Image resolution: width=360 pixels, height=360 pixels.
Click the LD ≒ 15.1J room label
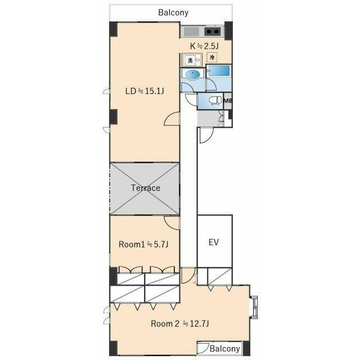(145, 91)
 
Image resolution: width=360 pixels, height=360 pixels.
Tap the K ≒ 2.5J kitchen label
(204, 46)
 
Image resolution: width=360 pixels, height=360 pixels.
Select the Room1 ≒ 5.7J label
(143, 244)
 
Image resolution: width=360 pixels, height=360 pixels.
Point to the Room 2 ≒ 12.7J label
(180, 324)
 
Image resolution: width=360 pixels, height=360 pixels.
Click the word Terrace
(146, 188)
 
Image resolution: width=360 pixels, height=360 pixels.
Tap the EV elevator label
(214, 242)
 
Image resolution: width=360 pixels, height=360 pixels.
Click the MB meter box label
(228, 101)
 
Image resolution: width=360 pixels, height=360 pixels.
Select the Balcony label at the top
(173, 12)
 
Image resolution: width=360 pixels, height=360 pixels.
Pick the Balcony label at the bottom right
(224, 349)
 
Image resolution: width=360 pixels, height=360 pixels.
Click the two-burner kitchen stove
(213, 31)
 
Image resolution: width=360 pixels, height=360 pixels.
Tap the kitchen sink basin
(191, 31)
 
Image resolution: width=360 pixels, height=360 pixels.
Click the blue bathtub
(219, 71)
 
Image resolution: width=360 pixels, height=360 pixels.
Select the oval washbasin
(192, 74)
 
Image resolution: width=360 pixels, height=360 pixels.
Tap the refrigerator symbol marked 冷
(212, 57)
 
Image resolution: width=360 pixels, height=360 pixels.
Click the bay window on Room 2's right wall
(254, 307)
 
